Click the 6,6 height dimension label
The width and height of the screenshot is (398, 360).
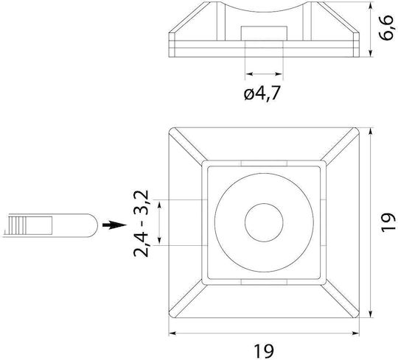(387, 28)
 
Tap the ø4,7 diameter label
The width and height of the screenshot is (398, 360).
(262, 93)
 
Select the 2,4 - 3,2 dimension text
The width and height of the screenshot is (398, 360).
(141, 224)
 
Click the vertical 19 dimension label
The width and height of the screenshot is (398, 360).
(388, 222)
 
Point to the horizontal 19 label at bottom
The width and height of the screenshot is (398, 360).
(264, 351)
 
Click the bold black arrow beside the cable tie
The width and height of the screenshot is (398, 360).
(114, 225)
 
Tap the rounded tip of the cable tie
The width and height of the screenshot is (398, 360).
(94, 225)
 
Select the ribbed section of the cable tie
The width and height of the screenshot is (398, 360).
(17, 225)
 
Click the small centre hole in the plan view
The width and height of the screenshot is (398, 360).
(264, 222)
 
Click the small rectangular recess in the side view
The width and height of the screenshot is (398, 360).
(264, 33)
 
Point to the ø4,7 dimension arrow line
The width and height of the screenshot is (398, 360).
(264, 74)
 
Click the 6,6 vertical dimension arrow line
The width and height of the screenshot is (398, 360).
(371, 29)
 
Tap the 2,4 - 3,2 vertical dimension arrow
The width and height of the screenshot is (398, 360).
(159, 222)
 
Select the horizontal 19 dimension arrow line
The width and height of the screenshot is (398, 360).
(264, 333)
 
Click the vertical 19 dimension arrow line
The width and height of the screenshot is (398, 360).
(371, 222)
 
